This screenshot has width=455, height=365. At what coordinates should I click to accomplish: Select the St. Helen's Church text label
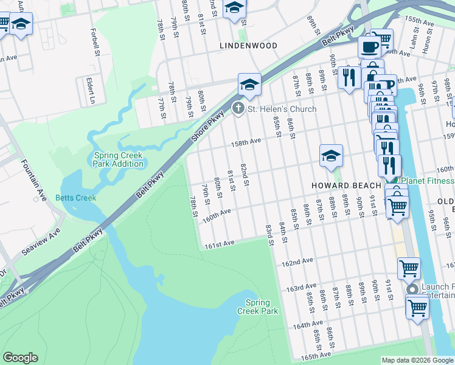pyautogui.click(x=282, y=109)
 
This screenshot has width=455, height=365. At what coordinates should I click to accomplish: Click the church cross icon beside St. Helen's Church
pyautogui.click(x=238, y=109)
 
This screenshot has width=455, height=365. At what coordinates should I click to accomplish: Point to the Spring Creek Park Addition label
pyautogui.click(x=119, y=159)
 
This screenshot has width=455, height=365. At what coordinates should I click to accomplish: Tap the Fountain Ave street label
pyautogui.click(x=33, y=180)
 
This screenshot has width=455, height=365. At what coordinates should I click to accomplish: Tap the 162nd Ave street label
pyautogui.click(x=297, y=262)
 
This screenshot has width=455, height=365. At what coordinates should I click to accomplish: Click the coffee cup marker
pyautogui.click(x=369, y=46)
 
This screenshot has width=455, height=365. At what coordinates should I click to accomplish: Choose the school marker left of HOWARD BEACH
pyautogui.click(x=331, y=156)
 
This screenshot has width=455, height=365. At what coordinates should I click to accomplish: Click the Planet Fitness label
pyautogui.click(x=427, y=181)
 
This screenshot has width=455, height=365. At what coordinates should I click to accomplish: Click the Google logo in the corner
pyautogui.click(x=20, y=358)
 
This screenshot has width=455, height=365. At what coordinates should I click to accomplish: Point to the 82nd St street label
pyautogui.click(x=244, y=175)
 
